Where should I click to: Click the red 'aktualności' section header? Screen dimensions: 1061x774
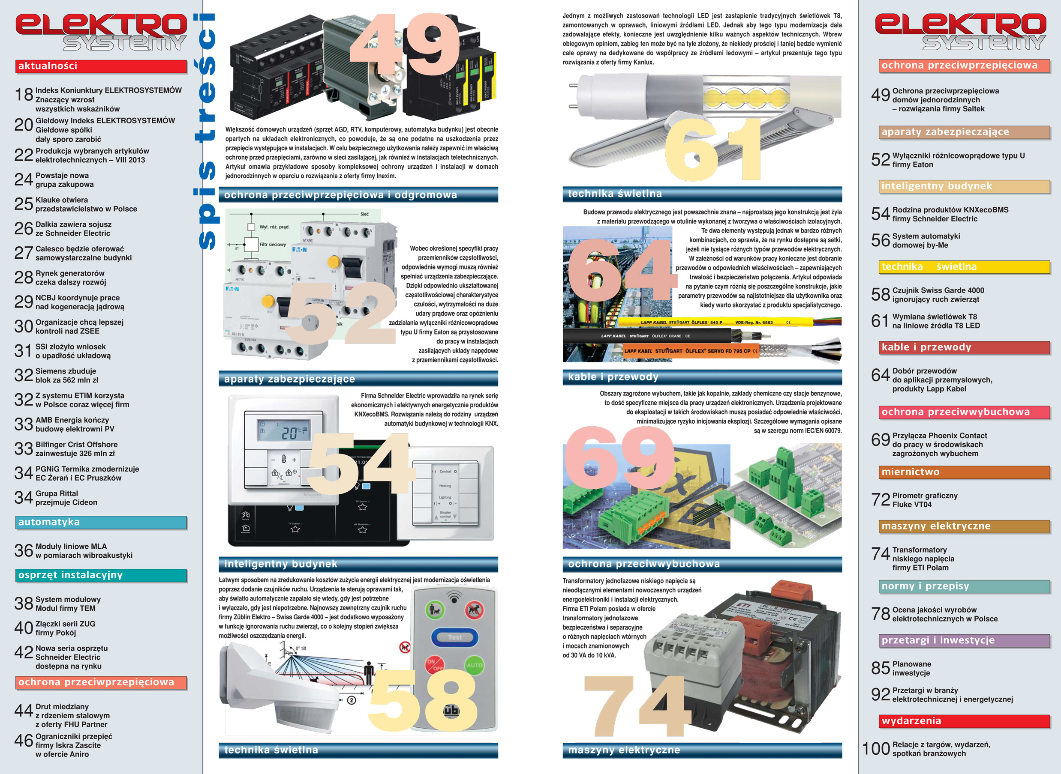coord(101,66)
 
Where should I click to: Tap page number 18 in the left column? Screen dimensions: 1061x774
coord(24,95)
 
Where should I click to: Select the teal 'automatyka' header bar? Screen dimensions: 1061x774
coord(101,523)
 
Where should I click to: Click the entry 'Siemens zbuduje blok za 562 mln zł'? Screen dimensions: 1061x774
coord(67,375)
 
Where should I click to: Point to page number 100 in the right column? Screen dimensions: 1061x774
coord(876,749)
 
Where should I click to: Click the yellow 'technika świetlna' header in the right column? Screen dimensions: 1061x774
coord(965,266)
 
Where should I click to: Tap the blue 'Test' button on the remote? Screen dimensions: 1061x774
coord(454,637)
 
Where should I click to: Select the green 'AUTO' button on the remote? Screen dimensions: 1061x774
coord(475,665)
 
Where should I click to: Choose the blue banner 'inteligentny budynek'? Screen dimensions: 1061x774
coord(358,564)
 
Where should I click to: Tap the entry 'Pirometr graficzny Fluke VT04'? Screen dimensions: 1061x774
coord(925,500)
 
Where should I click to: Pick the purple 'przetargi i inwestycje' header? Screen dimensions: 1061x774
coord(965,640)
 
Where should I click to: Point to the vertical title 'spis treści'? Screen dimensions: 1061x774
coord(206,131)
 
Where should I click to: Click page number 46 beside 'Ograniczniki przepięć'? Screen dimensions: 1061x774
coord(24,740)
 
